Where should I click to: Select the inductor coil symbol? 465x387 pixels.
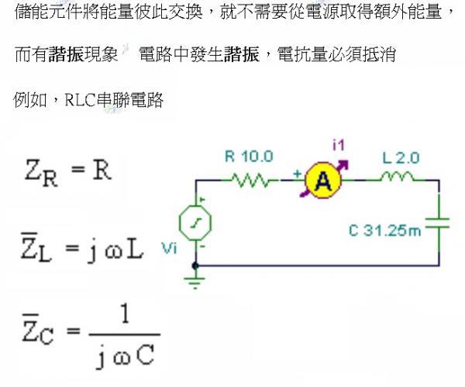(398, 179)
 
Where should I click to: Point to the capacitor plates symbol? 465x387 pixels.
(439, 226)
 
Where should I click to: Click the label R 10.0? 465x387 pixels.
(249, 156)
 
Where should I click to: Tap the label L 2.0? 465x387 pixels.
(401, 157)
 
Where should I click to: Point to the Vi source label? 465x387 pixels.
(170, 248)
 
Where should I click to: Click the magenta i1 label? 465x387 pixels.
(338, 144)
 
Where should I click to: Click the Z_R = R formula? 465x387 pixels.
(67, 171)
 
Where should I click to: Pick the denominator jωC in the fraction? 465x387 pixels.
(124, 358)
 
